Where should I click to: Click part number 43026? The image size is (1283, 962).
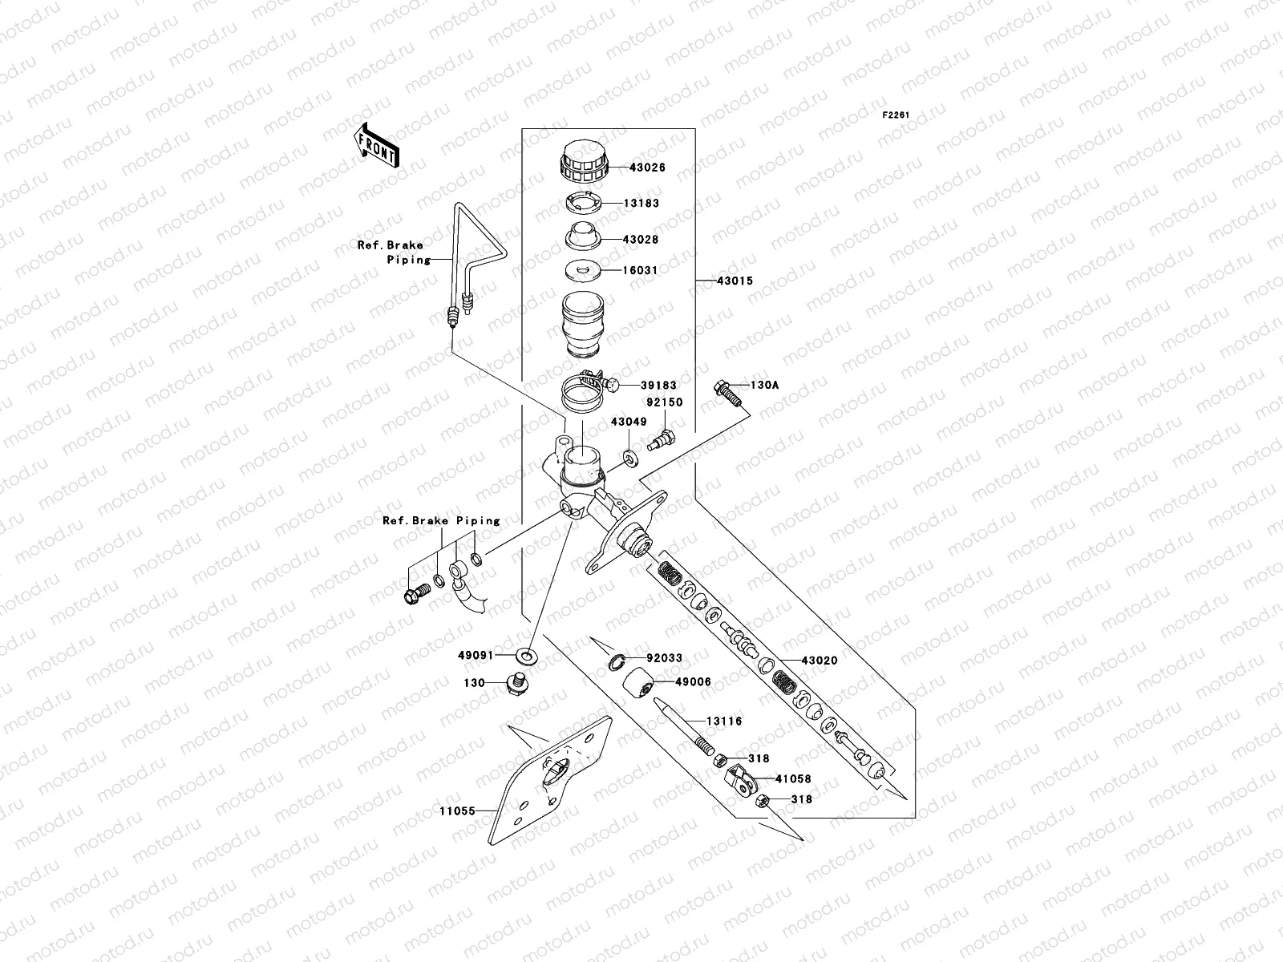647,168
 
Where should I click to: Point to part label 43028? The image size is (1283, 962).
641,240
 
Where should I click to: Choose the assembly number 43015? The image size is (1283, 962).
735,281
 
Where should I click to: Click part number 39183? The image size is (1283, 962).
659,386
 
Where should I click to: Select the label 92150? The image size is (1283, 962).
665,402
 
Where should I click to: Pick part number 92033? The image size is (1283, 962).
664,658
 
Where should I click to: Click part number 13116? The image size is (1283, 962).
723,721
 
